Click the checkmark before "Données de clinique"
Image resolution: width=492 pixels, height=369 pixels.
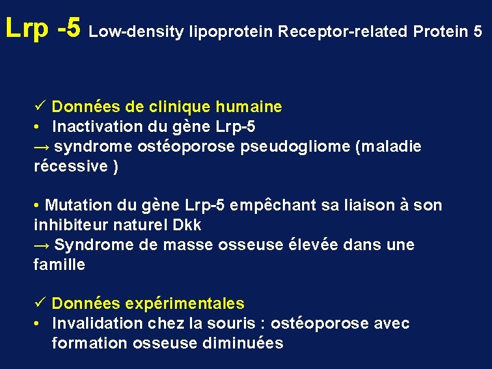pyautogui.click(x=40, y=107)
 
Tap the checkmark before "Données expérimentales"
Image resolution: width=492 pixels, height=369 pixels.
pyautogui.click(x=40, y=303)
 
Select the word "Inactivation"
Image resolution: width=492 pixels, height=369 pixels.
pyautogui.click(x=96, y=126)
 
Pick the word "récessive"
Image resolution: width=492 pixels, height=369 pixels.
pyautogui.click(x=70, y=166)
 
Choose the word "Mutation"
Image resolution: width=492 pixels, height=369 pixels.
pyautogui.click(x=74, y=205)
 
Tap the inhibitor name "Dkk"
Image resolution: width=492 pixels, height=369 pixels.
pyautogui.click(x=187, y=225)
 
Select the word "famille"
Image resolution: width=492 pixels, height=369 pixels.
pyautogui.click(x=59, y=264)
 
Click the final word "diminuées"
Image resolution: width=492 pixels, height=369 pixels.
pyautogui.click(x=243, y=343)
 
